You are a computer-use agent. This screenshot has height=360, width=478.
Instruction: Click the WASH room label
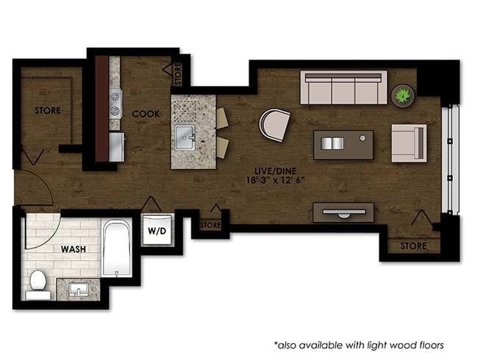[73, 249]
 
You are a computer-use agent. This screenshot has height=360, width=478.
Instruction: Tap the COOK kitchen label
[146, 114]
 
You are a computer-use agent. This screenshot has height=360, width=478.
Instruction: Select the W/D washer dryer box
[157, 229]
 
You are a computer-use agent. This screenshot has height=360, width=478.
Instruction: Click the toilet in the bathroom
[36, 282]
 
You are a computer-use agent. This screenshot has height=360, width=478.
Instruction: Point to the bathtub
[117, 248]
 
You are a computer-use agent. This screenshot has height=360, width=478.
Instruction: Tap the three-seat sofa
[343, 88]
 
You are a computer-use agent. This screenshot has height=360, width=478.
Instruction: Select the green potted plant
[403, 96]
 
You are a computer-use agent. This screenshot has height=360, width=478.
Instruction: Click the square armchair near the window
[408, 141]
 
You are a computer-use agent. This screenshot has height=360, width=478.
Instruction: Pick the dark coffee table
[343, 144]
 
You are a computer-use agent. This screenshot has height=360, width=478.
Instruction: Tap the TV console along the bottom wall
[343, 212]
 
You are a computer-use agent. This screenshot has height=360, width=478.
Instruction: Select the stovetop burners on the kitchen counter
[115, 102]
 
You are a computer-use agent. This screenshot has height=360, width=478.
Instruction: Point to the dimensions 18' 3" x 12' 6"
[272, 180]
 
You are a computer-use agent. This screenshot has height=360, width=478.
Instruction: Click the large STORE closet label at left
[48, 111]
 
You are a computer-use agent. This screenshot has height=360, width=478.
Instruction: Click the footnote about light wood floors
[360, 344]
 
